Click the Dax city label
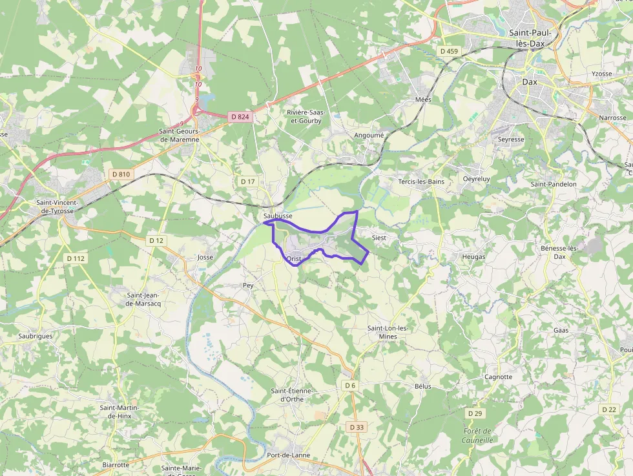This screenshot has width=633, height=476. [x=530, y=82]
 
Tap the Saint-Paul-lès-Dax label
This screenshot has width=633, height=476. [x=535, y=37]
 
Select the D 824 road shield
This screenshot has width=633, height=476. [x=239, y=117]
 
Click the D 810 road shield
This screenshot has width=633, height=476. [x=121, y=174]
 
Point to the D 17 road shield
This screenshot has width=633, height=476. [x=248, y=181]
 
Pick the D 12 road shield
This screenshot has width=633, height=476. [x=156, y=240]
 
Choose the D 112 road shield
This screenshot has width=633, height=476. [x=76, y=258]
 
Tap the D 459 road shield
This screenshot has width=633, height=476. [x=448, y=50]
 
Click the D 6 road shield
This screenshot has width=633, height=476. [x=350, y=386]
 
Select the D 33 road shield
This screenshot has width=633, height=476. [x=357, y=427]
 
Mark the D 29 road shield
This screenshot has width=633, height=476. [x=474, y=413]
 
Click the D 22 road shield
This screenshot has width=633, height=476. [x=608, y=409]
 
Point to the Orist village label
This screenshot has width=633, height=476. [x=294, y=259]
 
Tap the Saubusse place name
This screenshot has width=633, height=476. [x=278, y=215]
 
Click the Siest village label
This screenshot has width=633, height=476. [x=379, y=238]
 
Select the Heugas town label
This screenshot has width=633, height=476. [x=473, y=256]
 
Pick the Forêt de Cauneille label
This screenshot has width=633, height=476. [x=478, y=435]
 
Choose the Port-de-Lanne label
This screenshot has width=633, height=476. [x=288, y=455]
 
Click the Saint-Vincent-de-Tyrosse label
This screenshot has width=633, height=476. [x=59, y=207]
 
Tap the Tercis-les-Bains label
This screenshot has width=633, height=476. [x=421, y=181]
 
